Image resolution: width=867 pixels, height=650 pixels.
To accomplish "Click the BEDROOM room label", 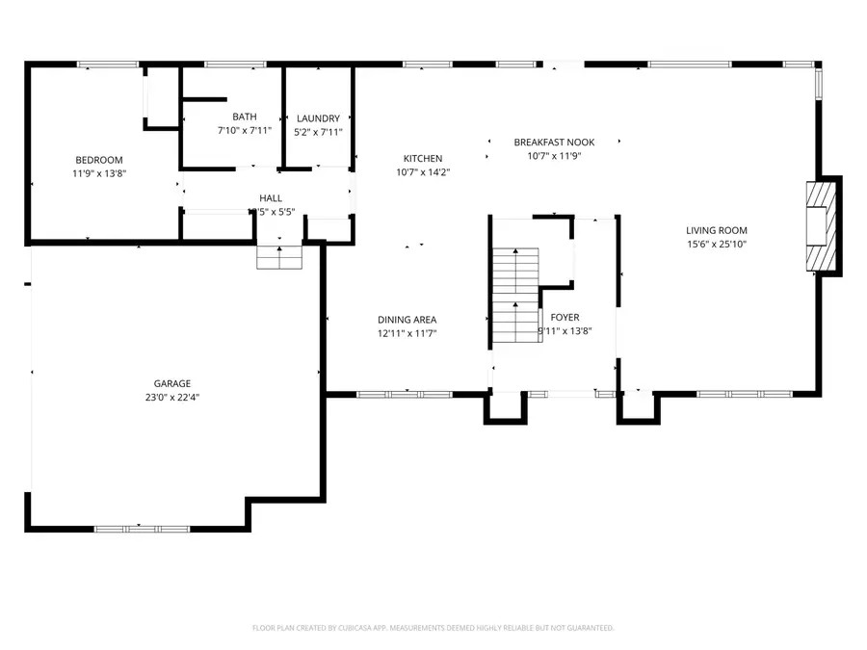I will point(98,160).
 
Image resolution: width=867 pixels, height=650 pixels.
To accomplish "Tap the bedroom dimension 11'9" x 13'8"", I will point(98,173).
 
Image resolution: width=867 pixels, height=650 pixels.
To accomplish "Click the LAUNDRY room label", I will point(318,118).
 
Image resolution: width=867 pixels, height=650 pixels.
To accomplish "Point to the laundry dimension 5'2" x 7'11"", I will point(318,132).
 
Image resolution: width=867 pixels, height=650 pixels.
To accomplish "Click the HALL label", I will point(271,197).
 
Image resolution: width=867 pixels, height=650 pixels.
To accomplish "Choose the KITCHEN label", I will point(422,159).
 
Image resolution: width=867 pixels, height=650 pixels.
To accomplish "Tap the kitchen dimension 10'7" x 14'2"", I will point(422,172).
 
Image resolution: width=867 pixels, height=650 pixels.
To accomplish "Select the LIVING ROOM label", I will point(716,230).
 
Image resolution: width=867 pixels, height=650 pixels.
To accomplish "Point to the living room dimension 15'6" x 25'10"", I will point(716,245).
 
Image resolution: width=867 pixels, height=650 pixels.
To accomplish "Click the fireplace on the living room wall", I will point(820,227).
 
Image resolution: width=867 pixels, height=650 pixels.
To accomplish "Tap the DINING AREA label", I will point(407,320).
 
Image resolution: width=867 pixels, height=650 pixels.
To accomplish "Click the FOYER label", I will point(565,317).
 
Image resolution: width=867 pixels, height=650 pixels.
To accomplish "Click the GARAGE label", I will point(172,382).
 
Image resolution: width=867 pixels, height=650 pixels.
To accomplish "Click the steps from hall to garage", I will point(279,257).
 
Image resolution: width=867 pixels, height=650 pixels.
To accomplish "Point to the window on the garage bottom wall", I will point(141,528).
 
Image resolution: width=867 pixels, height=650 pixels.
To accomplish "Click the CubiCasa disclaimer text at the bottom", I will point(433,628).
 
